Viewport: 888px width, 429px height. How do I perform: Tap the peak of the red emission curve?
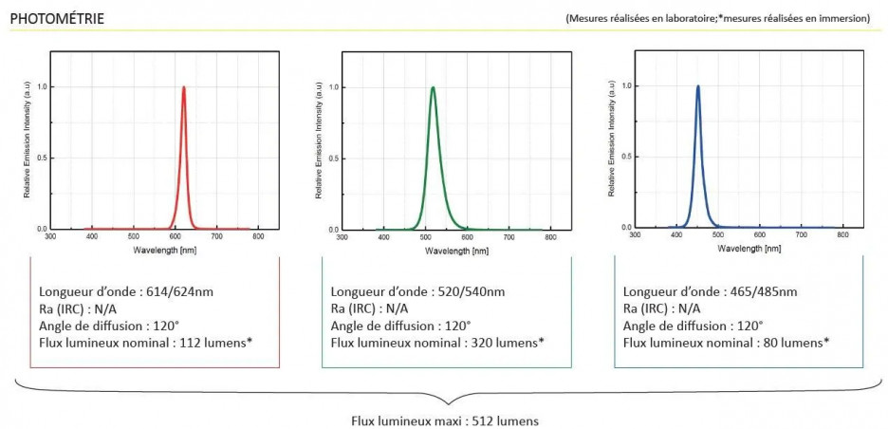pyautogui.click(x=183, y=87)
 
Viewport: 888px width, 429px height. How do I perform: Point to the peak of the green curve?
pyautogui.click(x=433, y=88)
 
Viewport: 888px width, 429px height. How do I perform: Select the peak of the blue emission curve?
pyautogui.click(x=698, y=86)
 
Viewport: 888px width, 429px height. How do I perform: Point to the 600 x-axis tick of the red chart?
pyautogui.click(x=176, y=237)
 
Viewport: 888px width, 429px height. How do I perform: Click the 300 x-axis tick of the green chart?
pyautogui.click(x=342, y=237)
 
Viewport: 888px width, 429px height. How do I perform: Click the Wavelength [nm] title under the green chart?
pyautogui.click(x=456, y=252)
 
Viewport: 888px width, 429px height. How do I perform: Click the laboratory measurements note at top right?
pyautogui.click(x=717, y=18)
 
